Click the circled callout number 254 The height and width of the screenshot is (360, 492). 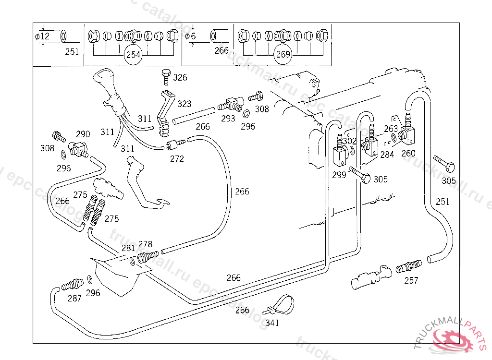coord(133,55)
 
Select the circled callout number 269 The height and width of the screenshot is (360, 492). coord(283,55)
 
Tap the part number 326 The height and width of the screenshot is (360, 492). coord(180,77)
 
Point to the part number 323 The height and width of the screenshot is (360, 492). coord(184,104)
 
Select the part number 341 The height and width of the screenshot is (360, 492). coord(272,323)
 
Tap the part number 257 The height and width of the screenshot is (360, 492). coord(411,281)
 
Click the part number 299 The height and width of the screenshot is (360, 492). coord(339,175)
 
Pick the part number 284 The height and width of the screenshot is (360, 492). coord(387,154)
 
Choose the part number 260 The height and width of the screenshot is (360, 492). coord(408,154)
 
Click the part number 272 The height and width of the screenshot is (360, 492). coord(177,159)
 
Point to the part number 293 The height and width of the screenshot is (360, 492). coord(228,118)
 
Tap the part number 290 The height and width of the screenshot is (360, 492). coord(83,134)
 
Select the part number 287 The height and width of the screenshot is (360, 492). coord(74,299)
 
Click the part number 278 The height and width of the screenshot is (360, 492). coord(145,244)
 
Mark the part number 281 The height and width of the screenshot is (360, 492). coord(128,248)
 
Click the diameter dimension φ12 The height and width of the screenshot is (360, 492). coord(43,36)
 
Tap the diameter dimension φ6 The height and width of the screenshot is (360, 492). coord(191,36)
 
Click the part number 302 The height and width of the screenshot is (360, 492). coord(349,141)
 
